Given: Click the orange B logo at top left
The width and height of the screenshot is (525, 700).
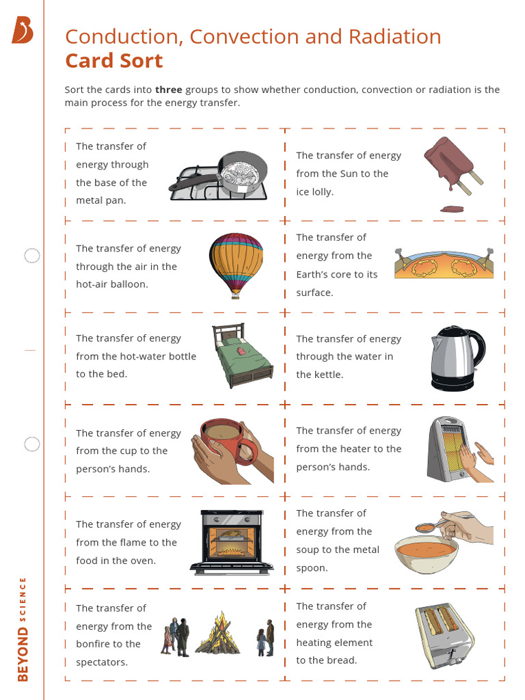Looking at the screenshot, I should pyautogui.click(x=22, y=31).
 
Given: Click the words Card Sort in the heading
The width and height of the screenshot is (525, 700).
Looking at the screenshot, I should pyautogui.click(x=113, y=61).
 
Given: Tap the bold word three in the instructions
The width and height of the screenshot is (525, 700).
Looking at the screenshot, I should pyautogui.click(x=168, y=90).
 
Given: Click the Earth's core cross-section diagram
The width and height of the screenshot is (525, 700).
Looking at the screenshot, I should pyautogui.click(x=444, y=263).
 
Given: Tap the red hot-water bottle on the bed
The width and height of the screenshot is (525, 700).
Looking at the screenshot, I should pyautogui.click(x=241, y=350).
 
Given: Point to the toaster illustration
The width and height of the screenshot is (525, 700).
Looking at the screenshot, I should pyautogui.click(x=444, y=635).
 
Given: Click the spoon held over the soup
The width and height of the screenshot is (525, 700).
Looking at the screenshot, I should pyautogui.click(x=428, y=527).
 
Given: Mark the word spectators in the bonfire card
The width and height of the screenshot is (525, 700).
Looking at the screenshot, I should pyautogui.click(x=102, y=662).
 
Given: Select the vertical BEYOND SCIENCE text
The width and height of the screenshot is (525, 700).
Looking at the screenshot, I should pyautogui.click(x=23, y=629).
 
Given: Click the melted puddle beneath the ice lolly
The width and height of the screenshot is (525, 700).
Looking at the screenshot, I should pyautogui.click(x=451, y=209).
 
